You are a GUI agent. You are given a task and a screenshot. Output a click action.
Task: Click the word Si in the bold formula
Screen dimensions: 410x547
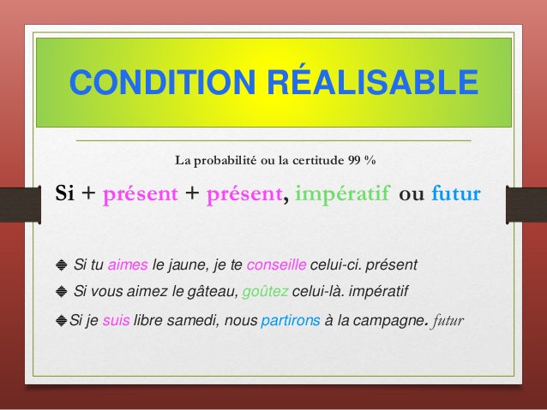(65, 193)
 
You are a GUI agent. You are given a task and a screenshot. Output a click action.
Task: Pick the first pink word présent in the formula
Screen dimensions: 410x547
(141, 193)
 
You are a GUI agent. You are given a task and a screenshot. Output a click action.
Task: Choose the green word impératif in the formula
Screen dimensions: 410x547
(342, 193)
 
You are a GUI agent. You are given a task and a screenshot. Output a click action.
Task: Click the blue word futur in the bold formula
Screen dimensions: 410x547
(457, 193)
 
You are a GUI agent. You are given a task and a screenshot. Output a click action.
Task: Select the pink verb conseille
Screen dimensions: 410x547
(294, 264)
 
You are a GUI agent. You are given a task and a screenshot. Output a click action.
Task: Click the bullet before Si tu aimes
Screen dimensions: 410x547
(60, 264)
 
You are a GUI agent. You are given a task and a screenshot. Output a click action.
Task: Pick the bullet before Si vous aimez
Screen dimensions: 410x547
(60, 292)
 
